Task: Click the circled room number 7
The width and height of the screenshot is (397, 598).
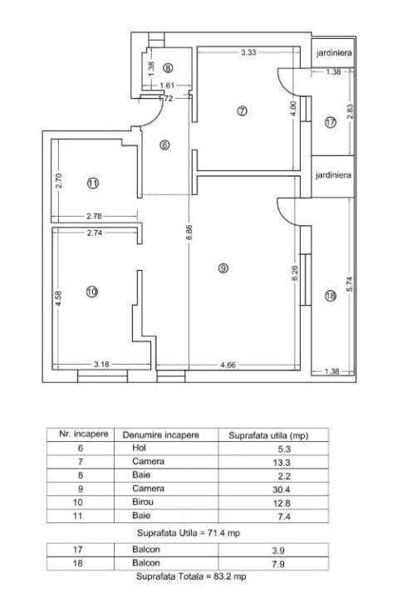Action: coord(242,111)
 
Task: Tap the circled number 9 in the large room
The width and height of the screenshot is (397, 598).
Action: coord(223,268)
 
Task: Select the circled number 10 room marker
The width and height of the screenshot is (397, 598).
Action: coord(92,292)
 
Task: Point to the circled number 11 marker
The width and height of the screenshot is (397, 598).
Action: coord(93,183)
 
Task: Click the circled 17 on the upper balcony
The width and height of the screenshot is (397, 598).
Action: coord(331,122)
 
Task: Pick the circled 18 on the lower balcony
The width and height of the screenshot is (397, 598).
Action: coord(331,296)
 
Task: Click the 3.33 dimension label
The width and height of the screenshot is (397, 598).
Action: coord(248,52)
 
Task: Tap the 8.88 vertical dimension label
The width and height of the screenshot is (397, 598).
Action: coord(189,233)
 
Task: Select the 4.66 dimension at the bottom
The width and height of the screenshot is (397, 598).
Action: coord(228,365)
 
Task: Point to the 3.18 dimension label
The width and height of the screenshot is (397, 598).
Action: coord(101,365)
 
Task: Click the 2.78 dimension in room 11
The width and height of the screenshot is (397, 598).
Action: coord(94,216)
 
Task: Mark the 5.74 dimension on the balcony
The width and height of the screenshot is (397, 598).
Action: coord(350,283)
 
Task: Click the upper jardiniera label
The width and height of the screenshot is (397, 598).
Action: coord(334,52)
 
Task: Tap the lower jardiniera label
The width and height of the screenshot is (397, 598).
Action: coord(333,175)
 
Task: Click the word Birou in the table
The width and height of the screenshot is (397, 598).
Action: coord(143,502)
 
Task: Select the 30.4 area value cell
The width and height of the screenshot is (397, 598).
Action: coord(281,489)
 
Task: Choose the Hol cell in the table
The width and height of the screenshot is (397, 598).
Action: coord(139,448)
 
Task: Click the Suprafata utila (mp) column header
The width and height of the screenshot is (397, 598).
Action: coord(268,435)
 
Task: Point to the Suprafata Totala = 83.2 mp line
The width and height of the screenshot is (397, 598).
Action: coord(191,576)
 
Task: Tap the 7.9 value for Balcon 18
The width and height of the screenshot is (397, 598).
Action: coord(278,564)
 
